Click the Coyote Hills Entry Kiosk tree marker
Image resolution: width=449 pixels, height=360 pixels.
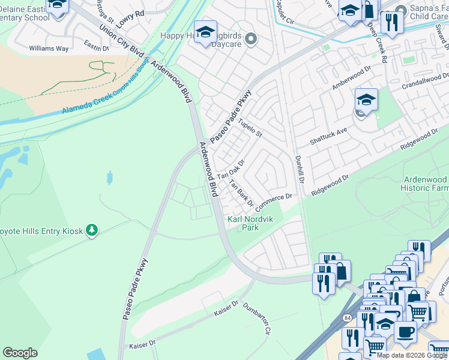pos(91,230)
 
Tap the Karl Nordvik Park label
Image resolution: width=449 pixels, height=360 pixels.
pos(250,223)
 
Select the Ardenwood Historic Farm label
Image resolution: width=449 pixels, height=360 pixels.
pos(425,184)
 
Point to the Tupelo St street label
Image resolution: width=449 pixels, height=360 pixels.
pos(250,128)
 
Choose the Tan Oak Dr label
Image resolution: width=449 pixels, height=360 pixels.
pos(231,170)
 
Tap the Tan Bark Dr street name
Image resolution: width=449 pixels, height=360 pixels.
pos(241,193)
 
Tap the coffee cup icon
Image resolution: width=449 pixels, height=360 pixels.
pos(405,332)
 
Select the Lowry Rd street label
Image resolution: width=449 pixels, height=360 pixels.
pos(130,18)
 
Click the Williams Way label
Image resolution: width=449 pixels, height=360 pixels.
pos(50,49)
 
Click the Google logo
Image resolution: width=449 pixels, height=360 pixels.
pos(20,353)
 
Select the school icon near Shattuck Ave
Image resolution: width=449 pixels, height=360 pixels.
pos(366,100)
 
